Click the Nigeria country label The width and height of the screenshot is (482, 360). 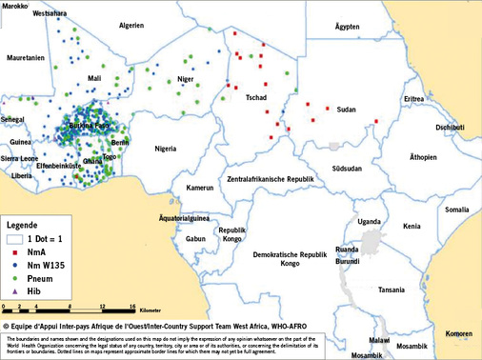click(x=167, y=149)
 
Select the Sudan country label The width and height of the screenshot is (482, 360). click(x=347, y=110)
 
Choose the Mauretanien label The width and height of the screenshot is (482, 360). click(x=26, y=58)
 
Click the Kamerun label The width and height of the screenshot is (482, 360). click(x=200, y=189)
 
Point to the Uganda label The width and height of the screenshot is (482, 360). click(x=369, y=221)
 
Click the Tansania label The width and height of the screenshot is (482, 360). click(x=392, y=290)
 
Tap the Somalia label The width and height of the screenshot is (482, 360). click(x=457, y=210)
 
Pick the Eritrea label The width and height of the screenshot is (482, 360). click(x=413, y=99)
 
